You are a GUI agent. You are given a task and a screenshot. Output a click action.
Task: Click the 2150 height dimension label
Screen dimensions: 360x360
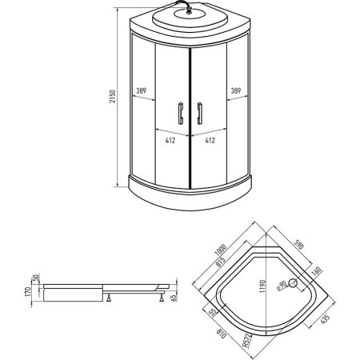(x=113, y=97)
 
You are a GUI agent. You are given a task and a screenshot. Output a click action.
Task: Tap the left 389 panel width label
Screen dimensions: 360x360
(x=142, y=90)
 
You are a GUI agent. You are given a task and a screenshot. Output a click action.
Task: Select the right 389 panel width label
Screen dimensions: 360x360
(x=236, y=90)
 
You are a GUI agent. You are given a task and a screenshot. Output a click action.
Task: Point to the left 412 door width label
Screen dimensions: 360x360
(x=170, y=140)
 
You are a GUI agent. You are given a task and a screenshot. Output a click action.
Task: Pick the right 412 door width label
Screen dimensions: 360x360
(x=210, y=140)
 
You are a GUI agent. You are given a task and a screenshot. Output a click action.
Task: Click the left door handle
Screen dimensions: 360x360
(x=181, y=114)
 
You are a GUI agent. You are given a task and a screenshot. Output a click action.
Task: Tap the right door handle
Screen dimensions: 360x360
(x=199, y=114)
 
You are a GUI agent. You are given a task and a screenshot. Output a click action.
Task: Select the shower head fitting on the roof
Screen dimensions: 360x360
(x=189, y=11)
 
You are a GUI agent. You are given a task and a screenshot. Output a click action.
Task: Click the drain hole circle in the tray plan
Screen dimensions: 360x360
(x=293, y=283)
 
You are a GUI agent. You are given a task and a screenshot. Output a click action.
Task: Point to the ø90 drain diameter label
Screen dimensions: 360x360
(x=282, y=286)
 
